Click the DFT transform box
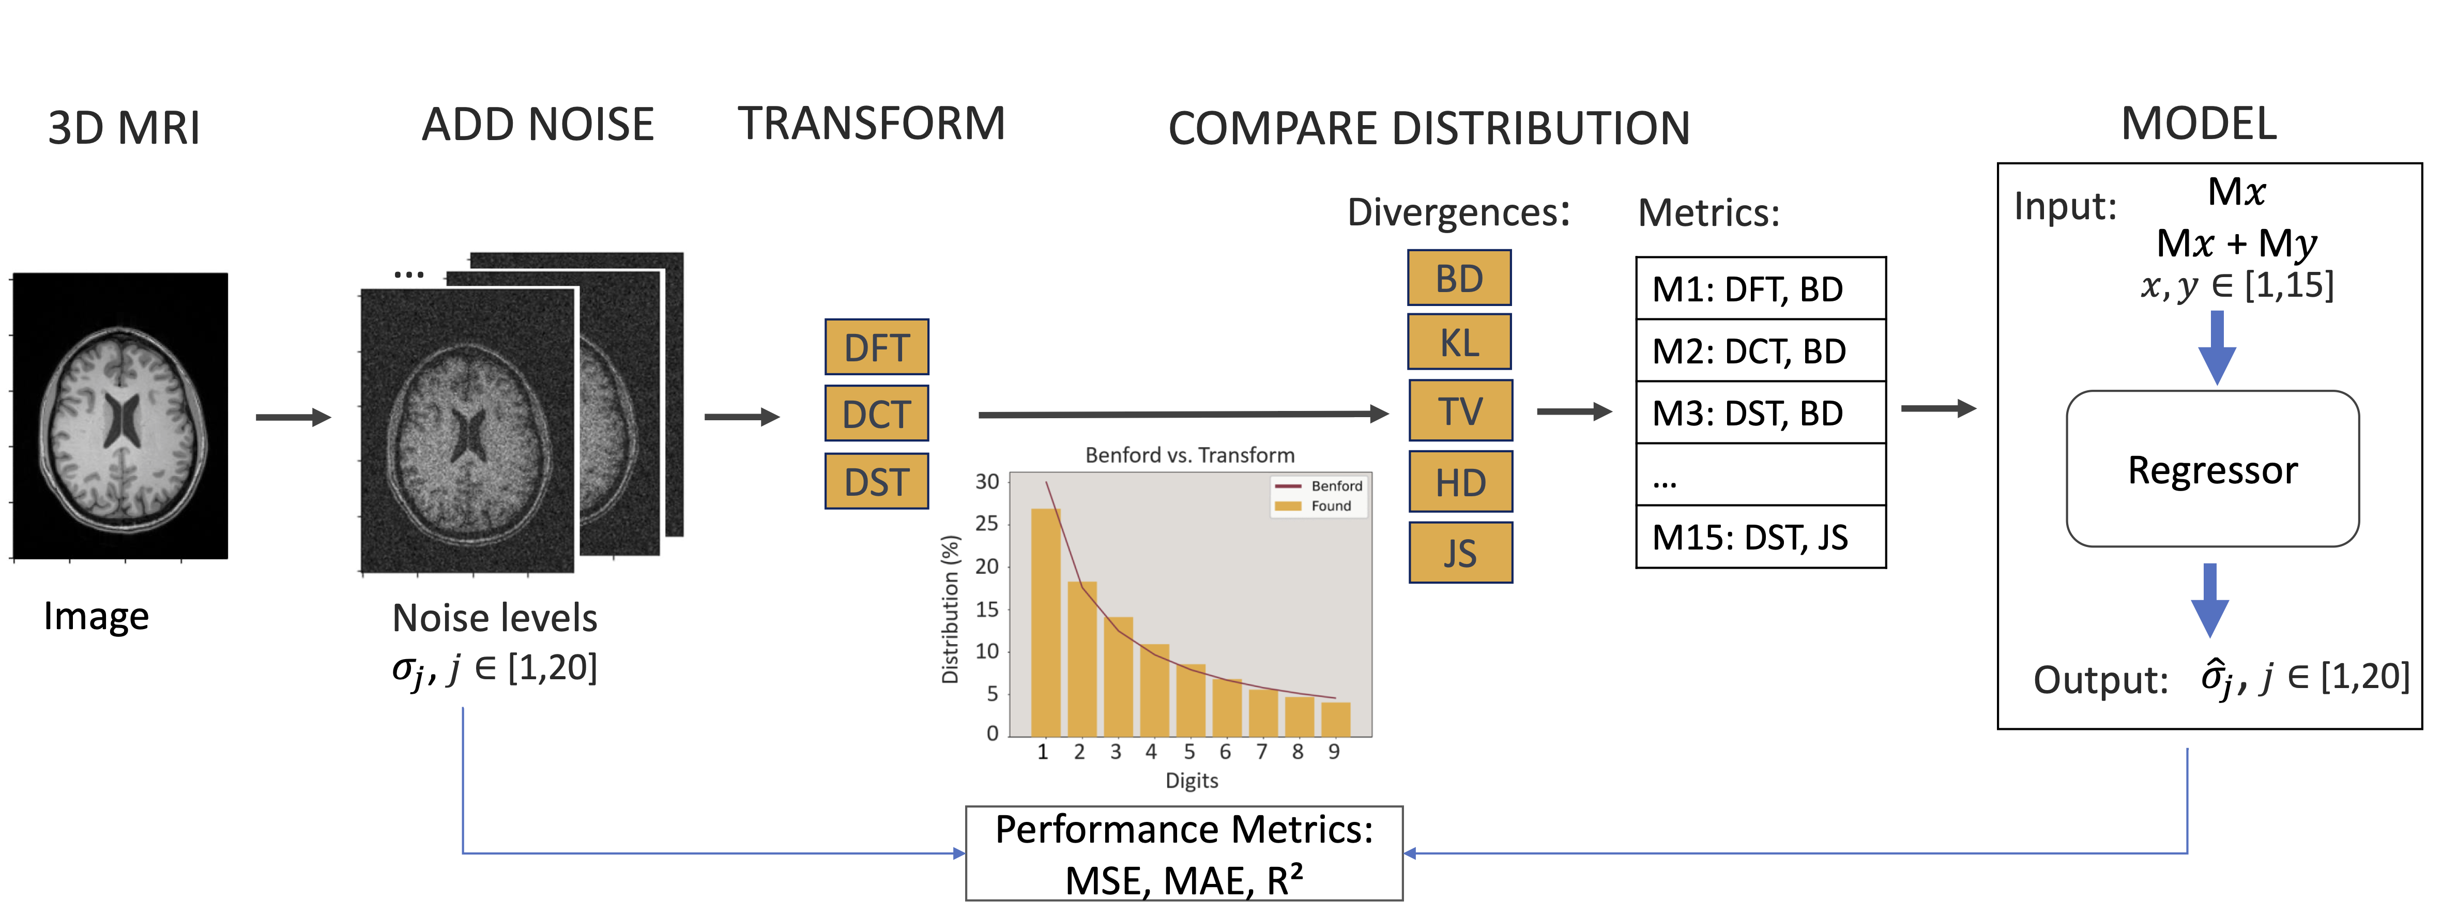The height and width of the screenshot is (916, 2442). (876, 347)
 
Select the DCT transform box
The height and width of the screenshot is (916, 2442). (876, 414)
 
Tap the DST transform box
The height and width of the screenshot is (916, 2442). (876, 482)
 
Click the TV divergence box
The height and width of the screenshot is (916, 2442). (1460, 410)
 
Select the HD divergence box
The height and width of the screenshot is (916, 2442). (1460, 482)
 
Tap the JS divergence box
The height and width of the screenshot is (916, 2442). (1460, 553)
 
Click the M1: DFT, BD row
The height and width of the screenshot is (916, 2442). (1760, 289)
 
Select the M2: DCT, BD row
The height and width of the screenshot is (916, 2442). (1760, 351)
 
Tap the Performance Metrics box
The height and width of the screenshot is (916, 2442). (1184, 853)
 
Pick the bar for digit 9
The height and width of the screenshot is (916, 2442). (1335, 719)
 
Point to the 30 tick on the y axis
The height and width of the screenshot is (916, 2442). (987, 482)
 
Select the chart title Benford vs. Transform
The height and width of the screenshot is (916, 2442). (1189, 455)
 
